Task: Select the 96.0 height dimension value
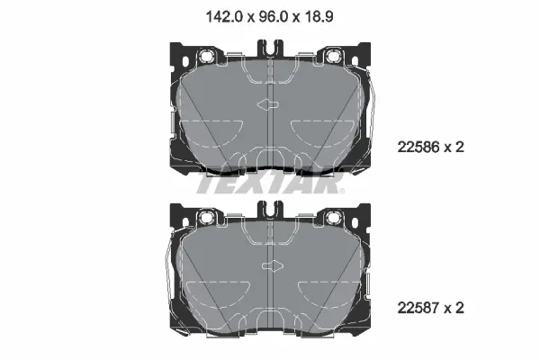click(273, 16)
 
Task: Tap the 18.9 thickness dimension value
click(319, 16)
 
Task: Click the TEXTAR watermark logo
click(270, 183)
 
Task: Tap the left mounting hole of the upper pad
click(207, 55)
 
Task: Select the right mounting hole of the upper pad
click(333, 55)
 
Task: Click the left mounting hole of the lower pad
click(207, 217)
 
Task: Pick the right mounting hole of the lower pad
click(333, 217)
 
